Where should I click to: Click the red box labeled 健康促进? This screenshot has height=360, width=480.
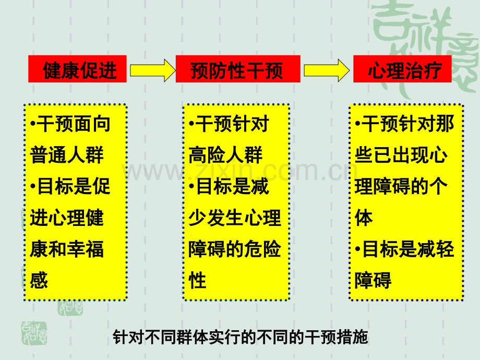pyautogui.click(x=77, y=69)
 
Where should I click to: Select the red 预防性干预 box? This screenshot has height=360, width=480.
pyautogui.click(x=238, y=69)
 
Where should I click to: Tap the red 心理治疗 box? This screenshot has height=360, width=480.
pyautogui.click(x=402, y=69)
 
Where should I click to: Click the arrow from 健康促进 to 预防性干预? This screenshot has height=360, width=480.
pyautogui.click(x=152, y=70)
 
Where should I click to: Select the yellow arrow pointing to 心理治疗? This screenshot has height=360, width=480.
pyautogui.click(x=326, y=70)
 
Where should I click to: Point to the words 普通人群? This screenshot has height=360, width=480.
pyautogui.click(x=67, y=155)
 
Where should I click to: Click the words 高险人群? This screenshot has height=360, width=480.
pyautogui.click(x=225, y=155)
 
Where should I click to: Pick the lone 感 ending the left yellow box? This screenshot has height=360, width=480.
pyautogui.click(x=39, y=280)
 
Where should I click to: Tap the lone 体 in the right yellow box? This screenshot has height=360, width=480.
pyautogui.click(x=364, y=218)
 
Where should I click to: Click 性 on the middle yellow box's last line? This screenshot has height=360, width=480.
pyautogui.click(x=197, y=280)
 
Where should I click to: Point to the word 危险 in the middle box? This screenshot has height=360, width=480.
pyautogui.click(x=262, y=249)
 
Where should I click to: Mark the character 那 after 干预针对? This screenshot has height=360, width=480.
pyautogui.click(x=445, y=124)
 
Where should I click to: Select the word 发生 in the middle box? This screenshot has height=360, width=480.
pyautogui.click(x=225, y=218)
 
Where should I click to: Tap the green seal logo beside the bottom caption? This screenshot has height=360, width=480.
pyautogui.click(x=34, y=333)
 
